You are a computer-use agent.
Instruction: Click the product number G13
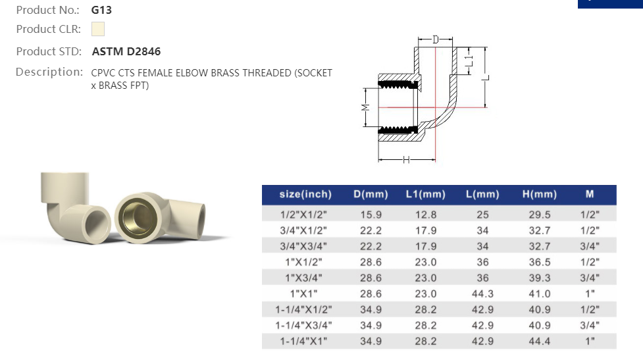[x=101, y=11]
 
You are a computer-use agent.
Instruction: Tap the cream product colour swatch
[x=98, y=30]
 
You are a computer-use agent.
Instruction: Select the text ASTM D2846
[x=126, y=51]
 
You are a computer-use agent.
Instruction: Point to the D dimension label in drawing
[x=435, y=40]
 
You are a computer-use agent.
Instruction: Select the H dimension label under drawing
[x=407, y=160]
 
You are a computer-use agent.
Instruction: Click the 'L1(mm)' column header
[x=425, y=195]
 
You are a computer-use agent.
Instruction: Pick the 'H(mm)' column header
[x=540, y=195]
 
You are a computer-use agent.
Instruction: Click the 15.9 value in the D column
[x=371, y=215]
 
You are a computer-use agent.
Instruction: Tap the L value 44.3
[x=482, y=294]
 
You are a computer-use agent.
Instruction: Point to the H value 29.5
[x=540, y=215]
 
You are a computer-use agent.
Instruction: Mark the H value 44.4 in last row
[x=540, y=341]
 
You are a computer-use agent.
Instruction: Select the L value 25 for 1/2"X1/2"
[x=482, y=215]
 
